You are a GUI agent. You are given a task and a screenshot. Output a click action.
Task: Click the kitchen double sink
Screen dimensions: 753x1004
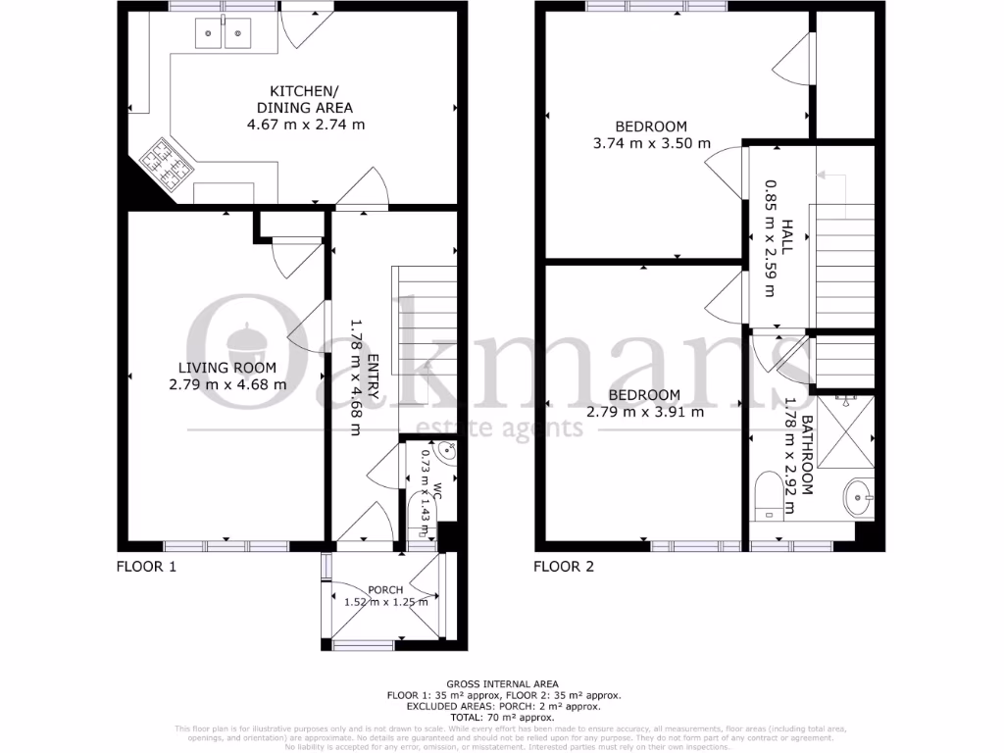click(224, 35)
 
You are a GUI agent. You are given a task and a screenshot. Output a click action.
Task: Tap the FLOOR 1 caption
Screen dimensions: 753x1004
click(147, 566)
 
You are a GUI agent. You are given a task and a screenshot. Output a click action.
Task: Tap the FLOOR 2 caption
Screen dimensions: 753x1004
click(564, 566)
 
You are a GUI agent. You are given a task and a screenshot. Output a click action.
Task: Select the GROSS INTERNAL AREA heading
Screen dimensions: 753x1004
click(502, 683)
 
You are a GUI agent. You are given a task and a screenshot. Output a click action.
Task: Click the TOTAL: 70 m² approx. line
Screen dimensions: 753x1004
click(502, 717)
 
